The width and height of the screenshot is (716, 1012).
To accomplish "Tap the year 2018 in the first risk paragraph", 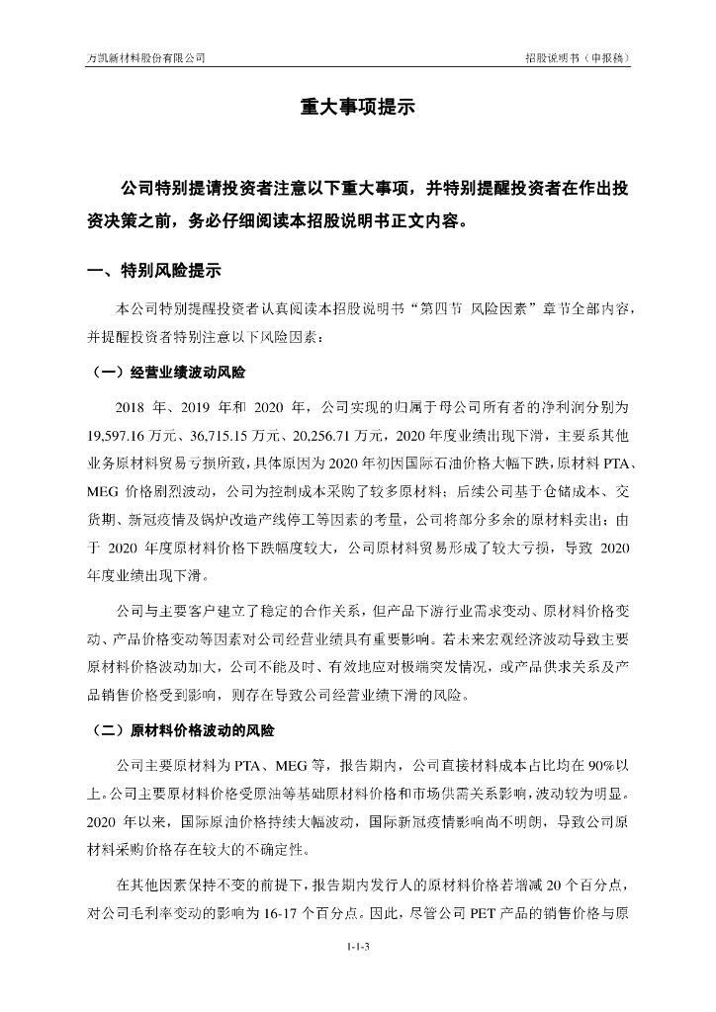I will click(x=131, y=406).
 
